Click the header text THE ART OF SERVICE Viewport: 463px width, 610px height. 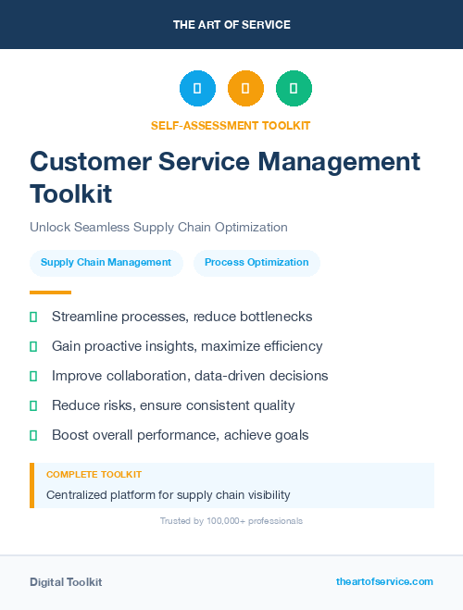[231, 25]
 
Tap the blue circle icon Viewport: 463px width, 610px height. [197, 88]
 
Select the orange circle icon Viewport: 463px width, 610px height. [245, 88]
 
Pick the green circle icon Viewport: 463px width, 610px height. [294, 88]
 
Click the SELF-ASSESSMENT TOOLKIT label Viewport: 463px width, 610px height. [231, 125]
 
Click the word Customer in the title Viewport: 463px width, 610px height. [88, 161]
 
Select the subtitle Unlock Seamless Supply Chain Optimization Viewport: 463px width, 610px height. [158, 227]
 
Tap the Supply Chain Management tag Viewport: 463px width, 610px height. [106, 262]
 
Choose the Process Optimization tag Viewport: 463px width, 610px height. [257, 262]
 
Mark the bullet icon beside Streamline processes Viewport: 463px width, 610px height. [33, 317]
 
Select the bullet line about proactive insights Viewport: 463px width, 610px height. [187, 346]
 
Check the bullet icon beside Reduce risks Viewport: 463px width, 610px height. [33, 406]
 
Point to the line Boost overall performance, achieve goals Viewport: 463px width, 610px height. [180, 435]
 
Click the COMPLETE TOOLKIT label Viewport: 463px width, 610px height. [94, 474]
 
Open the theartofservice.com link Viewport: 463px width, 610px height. [384, 581]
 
